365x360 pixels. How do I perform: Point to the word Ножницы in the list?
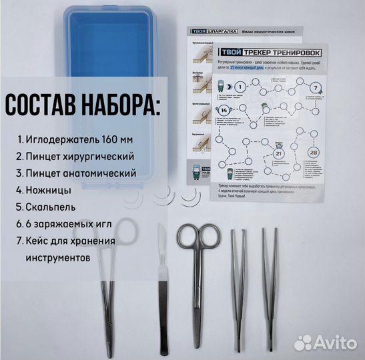47,189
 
